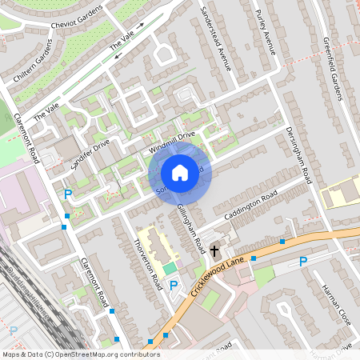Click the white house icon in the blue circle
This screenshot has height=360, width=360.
point(180,173)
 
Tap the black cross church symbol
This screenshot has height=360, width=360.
point(214,251)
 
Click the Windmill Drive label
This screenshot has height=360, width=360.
point(172,144)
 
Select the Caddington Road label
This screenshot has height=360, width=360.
point(250,206)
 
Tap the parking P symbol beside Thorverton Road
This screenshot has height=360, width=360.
point(173,285)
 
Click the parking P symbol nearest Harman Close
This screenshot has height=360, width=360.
point(302,262)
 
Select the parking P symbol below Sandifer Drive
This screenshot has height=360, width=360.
point(69,194)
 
